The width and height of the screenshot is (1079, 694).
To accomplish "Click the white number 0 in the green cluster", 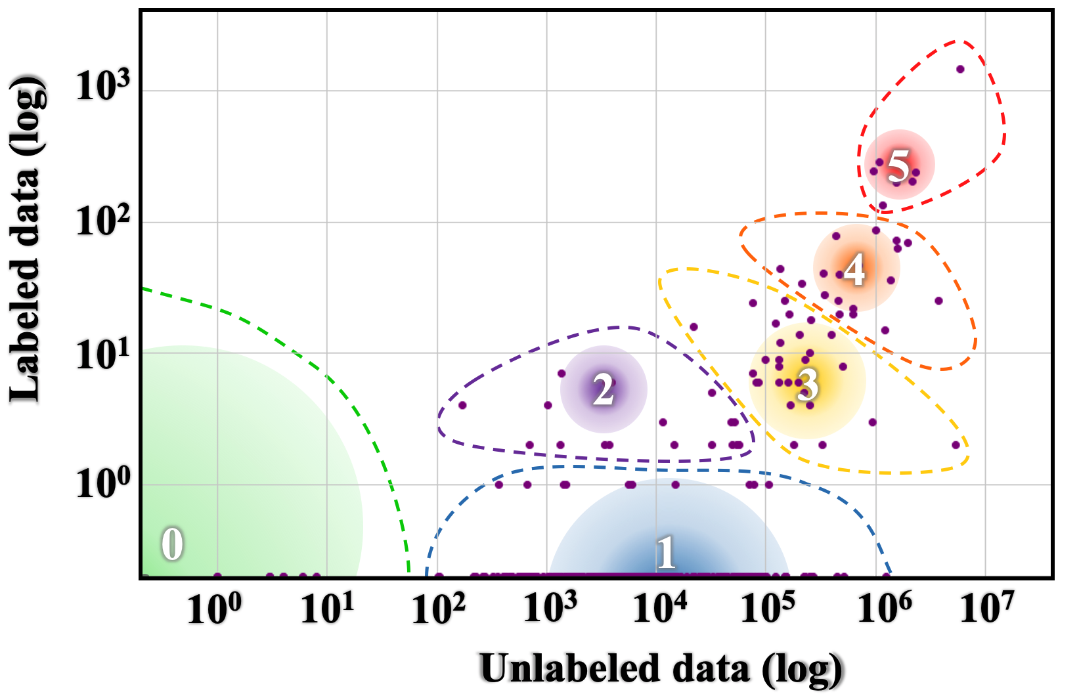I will (172, 544).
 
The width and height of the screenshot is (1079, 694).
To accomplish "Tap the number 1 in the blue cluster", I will (666, 552).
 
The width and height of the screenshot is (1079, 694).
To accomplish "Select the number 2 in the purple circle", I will (604, 390).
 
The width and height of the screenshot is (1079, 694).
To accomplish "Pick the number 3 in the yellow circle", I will (808, 384).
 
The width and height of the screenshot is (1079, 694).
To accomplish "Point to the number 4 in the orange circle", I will (854, 269).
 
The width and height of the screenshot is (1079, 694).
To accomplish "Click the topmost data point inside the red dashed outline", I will (960, 69).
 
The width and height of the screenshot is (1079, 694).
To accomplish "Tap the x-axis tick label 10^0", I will (215, 608).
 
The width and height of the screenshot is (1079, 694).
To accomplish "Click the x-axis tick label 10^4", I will (659, 608).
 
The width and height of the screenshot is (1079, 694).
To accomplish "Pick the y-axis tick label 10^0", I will (103, 484).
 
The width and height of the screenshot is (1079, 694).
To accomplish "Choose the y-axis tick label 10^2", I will (103, 220).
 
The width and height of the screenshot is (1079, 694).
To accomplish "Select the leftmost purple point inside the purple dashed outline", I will (462, 405).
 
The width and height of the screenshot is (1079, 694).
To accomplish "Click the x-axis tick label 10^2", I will (439, 608).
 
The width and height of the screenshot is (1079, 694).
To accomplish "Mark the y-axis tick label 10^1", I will (103, 355).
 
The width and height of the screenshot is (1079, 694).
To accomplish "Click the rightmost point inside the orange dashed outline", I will (938, 301).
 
